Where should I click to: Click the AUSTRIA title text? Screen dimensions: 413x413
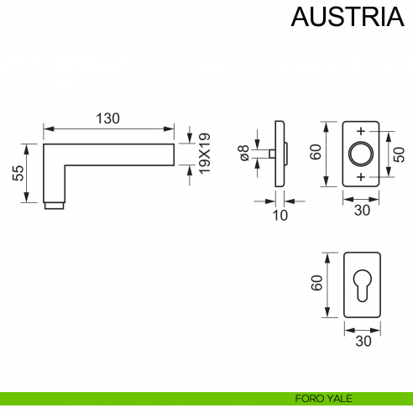click(x=341, y=18)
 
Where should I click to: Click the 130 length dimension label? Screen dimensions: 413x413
click(x=107, y=118)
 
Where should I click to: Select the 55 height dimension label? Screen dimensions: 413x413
click(x=18, y=173)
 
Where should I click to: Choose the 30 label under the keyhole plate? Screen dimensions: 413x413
click(x=361, y=340)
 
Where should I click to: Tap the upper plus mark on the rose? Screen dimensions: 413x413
click(x=361, y=132)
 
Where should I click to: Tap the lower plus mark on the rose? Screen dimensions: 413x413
click(x=361, y=177)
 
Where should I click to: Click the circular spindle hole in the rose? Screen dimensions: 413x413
click(x=361, y=154)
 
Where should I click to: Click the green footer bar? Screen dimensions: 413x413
click(x=126, y=399)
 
